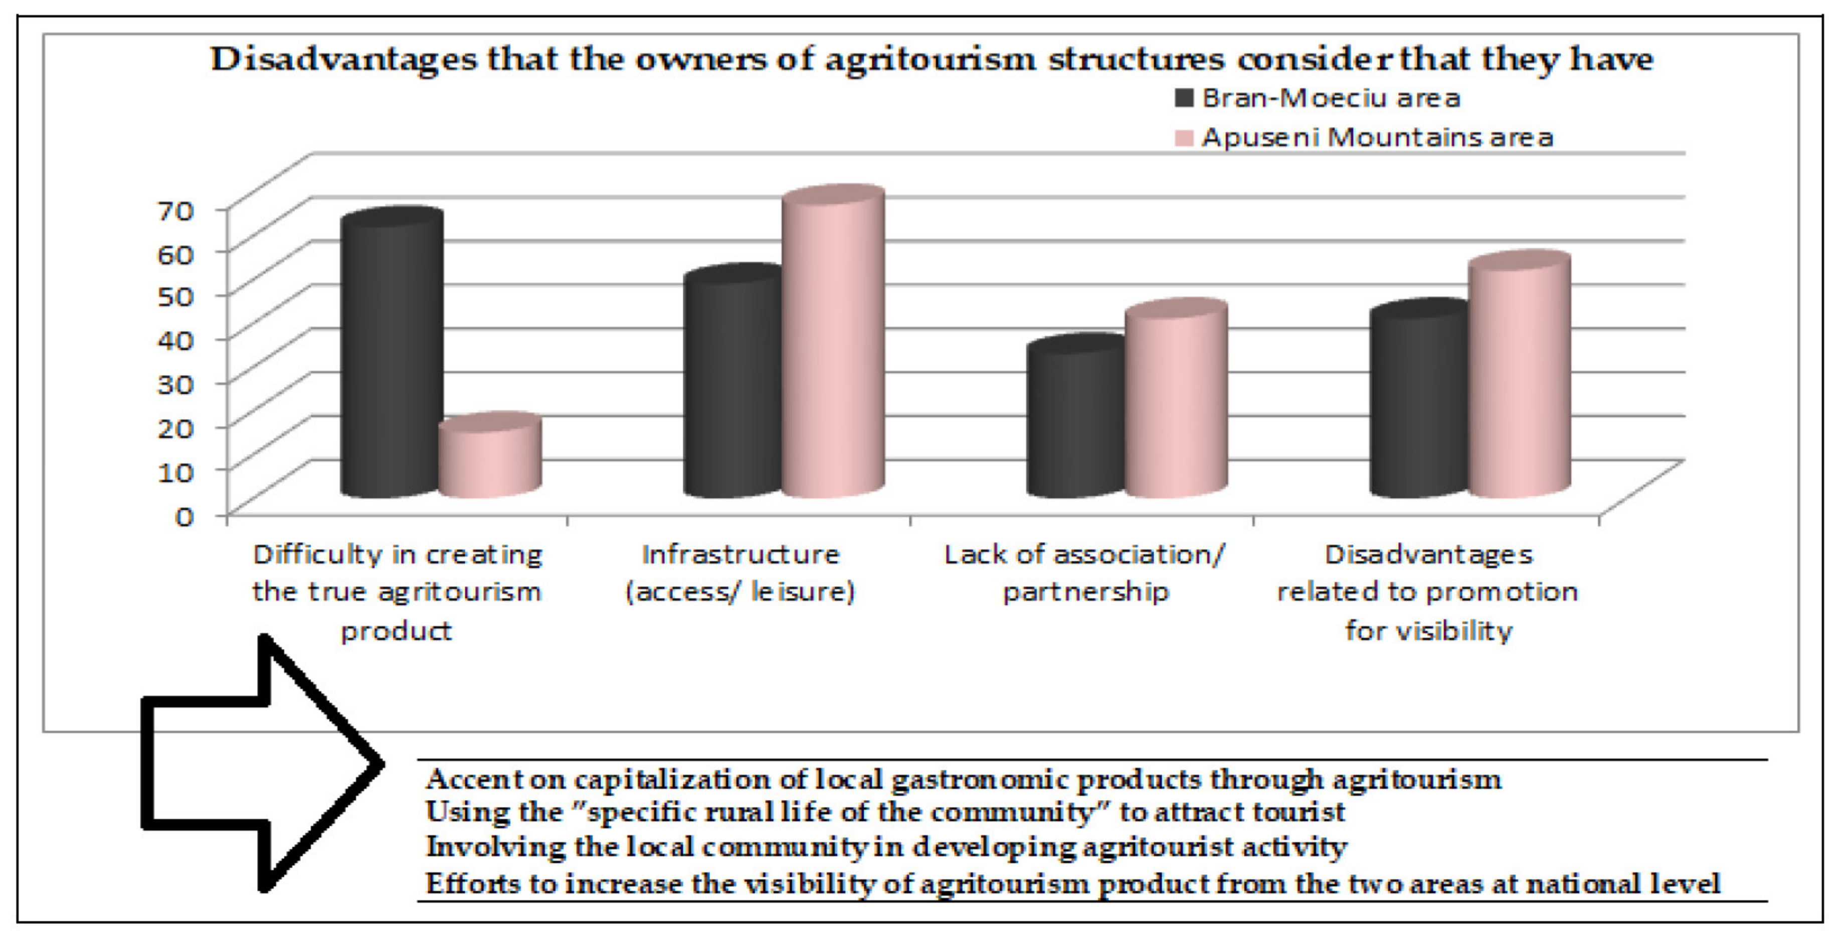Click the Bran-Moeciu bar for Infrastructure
(732, 386)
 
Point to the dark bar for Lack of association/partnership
(1075, 421)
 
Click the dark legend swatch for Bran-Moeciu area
(1184, 98)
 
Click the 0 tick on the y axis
(184, 516)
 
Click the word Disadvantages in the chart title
(342, 59)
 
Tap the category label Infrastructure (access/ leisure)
(741, 573)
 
